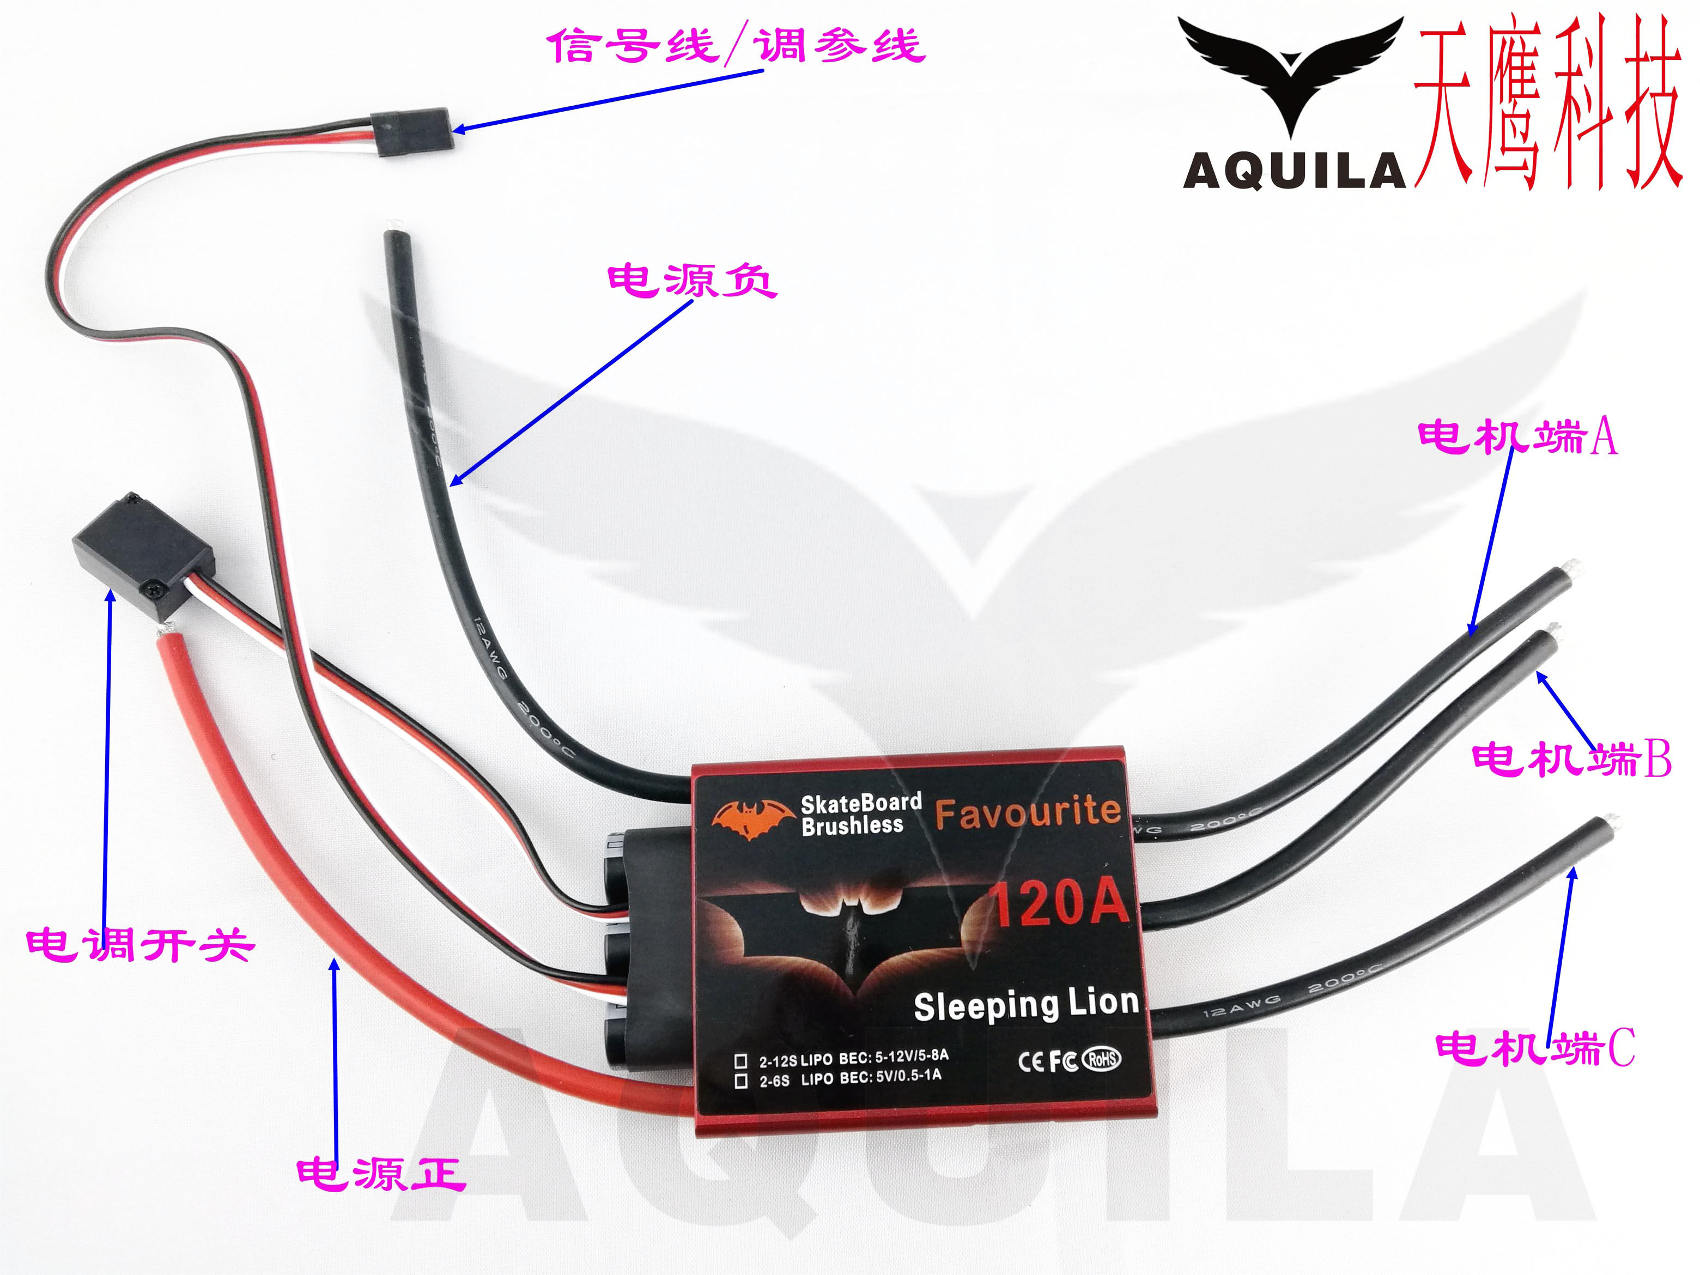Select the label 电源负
691,281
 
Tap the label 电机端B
1571,760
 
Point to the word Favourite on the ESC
1028,812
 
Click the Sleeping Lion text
1026,1005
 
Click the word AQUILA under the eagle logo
1294,171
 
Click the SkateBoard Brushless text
861,815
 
